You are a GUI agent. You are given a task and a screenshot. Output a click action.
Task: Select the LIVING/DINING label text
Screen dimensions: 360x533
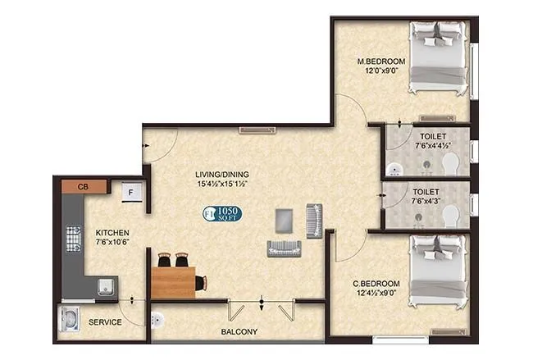[221, 174]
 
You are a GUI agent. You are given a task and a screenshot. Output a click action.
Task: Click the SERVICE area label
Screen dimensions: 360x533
[105, 322]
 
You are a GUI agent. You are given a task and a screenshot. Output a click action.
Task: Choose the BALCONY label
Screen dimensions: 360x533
[239, 332]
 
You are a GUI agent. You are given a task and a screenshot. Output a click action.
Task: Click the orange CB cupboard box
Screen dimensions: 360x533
[83, 187]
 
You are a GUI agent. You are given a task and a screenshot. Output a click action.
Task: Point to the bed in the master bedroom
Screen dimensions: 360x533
[440, 58]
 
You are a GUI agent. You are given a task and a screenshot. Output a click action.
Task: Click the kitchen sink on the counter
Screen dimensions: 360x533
[105, 286]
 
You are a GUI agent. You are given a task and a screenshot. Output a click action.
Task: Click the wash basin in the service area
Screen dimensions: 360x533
[69, 317]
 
